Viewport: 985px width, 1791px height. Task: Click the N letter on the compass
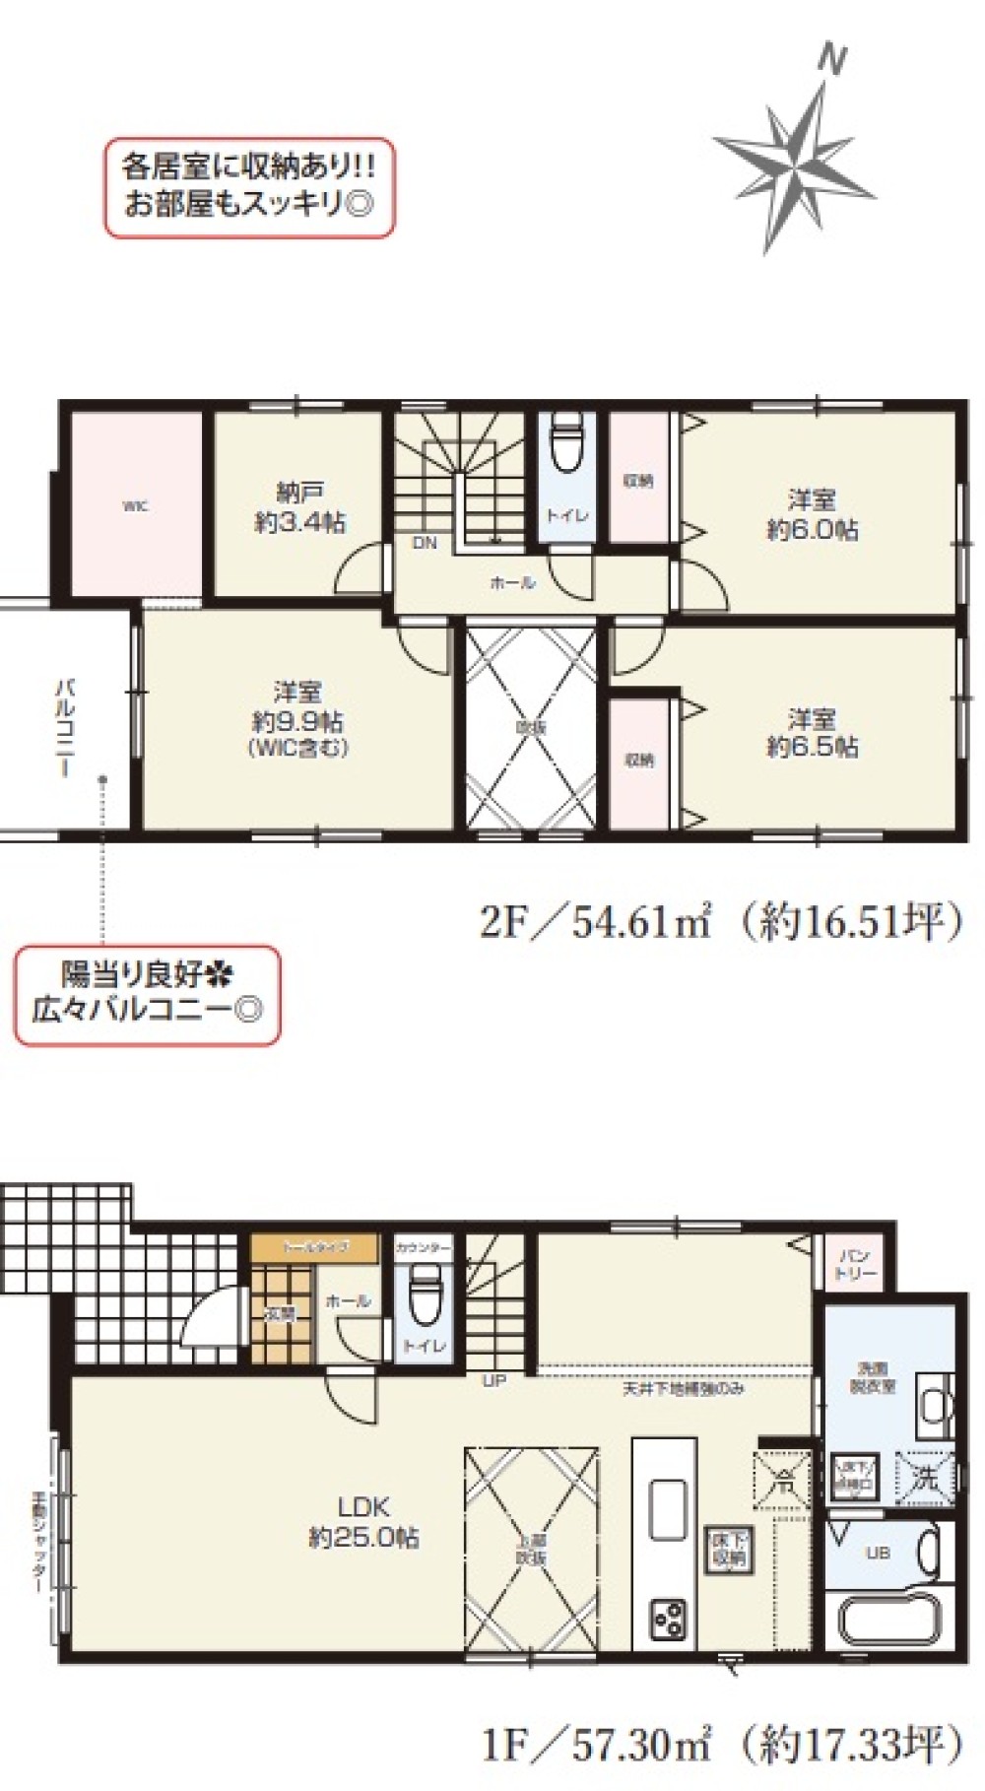tap(832, 61)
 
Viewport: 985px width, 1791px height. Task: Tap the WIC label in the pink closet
tap(135, 506)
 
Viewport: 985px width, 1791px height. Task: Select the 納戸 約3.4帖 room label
tap(299, 507)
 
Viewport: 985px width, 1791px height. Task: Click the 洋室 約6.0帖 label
tap(812, 514)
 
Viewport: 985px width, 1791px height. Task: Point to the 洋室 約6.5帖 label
tap(812, 732)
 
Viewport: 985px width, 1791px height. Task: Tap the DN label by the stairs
tap(425, 543)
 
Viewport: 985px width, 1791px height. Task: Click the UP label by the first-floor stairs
tap(493, 1381)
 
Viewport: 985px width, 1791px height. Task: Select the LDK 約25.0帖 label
tap(363, 1521)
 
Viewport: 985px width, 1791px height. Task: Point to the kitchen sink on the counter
tap(667, 1507)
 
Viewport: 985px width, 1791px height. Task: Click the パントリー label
tap(854, 1265)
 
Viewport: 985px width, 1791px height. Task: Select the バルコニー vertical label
tap(66, 726)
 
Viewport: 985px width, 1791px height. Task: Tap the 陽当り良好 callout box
tap(147, 995)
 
